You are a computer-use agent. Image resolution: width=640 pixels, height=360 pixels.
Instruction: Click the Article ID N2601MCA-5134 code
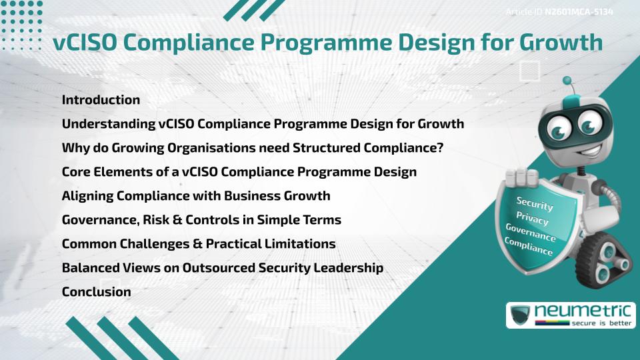pos(578,11)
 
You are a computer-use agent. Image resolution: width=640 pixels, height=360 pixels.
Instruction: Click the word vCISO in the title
pos(83,42)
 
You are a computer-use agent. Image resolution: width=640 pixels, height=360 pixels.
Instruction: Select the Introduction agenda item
pos(101,100)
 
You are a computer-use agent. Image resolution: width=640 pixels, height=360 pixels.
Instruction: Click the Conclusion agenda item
pos(96,292)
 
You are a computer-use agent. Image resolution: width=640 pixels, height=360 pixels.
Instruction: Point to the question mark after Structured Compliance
pos(439,148)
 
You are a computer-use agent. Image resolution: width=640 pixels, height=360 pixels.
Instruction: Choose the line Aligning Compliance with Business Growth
pos(195,196)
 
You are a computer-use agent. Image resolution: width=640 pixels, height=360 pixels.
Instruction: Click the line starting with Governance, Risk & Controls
pos(201,220)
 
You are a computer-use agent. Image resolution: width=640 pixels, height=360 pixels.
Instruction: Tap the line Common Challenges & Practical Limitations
pos(198,244)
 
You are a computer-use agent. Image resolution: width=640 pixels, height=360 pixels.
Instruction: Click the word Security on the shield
pos(535,203)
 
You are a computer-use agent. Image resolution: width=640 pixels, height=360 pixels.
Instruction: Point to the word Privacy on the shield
pos(532,218)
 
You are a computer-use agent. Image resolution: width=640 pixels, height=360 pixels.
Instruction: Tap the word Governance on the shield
pos(531,233)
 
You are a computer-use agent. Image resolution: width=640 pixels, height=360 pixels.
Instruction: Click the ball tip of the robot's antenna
pos(567,81)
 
